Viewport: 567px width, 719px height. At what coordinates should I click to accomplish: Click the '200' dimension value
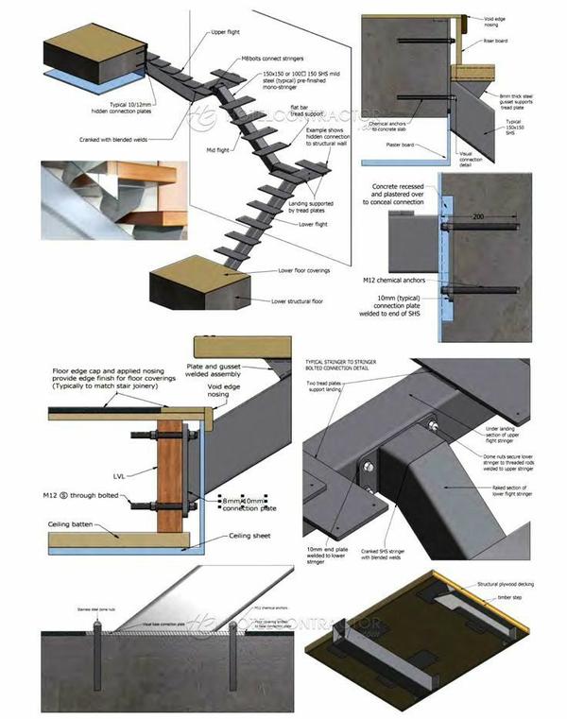click(479, 216)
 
